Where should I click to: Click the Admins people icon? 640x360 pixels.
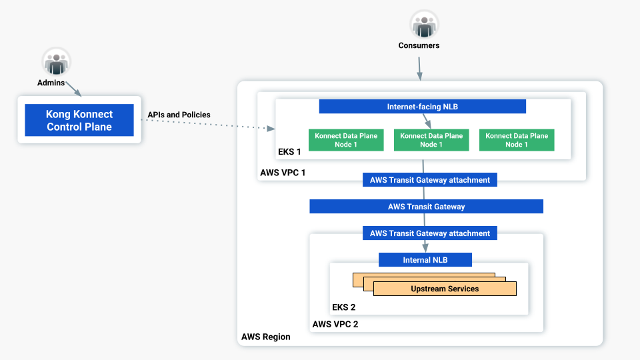point(56,62)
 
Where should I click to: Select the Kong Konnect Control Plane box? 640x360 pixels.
point(79,120)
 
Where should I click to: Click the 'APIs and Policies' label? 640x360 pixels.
point(179,115)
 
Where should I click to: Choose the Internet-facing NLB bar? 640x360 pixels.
point(422,107)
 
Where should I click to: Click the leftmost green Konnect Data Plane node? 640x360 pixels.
point(346,140)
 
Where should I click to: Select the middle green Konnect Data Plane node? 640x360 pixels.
point(431,140)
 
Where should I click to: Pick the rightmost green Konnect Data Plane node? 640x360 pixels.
point(516,140)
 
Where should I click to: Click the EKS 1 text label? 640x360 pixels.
point(290,152)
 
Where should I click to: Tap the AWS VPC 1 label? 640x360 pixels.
point(283,173)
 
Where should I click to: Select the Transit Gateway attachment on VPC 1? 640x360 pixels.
point(429,180)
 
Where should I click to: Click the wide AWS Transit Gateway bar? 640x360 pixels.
point(426,207)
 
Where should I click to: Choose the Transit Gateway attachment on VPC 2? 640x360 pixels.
point(429,233)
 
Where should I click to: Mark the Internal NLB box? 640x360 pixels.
point(425,259)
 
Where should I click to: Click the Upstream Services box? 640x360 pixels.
point(445,289)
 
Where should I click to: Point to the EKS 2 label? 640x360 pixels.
point(344,307)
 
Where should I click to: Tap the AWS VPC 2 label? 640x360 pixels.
point(335,325)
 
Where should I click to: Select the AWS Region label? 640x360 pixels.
point(265,337)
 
